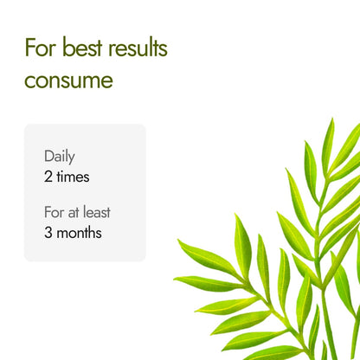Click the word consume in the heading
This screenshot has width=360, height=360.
tap(68, 82)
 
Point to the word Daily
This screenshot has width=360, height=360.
tap(60, 157)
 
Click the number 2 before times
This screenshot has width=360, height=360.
tap(48, 177)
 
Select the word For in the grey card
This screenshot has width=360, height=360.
tap(54, 212)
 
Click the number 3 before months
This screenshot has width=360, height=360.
tap(48, 233)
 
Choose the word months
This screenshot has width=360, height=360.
tap(80, 233)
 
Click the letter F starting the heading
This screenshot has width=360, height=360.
tap(30, 48)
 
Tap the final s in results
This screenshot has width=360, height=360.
tap(163, 48)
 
